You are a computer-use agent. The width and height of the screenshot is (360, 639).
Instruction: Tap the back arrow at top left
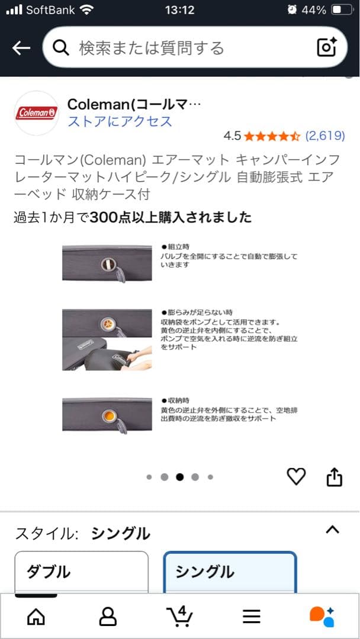pyautogui.click(x=21, y=48)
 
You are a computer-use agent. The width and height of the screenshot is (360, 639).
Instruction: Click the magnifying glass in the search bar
pyautogui.click(x=61, y=48)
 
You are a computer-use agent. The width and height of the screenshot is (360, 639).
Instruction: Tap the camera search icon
pyautogui.click(x=326, y=47)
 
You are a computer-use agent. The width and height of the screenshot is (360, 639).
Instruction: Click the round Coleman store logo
pyautogui.click(x=37, y=113)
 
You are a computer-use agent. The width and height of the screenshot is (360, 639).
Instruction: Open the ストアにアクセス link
pyautogui.click(x=120, y=121)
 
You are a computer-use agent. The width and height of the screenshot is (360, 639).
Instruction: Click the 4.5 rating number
pyautogui.click(x=232, y=135)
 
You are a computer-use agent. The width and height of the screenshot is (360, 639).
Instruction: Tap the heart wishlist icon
pyautogui.click(x=296, y=476)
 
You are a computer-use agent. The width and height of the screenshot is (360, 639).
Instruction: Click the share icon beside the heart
pyautogui.click(x=335, y=477)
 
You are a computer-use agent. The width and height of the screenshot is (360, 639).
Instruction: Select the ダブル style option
pyautogui.click(x=81, y=572)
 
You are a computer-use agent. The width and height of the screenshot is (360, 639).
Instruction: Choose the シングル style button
pyautogui.click(x=230, y=572)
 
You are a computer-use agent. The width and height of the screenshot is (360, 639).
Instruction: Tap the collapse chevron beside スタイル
pyautogui.click(x=333, y=530)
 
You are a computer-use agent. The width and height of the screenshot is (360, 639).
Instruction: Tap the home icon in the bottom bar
pyautogui.click(x=36, y=616)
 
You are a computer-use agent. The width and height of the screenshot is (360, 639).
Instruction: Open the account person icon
pyautogui.click(x=108, y=616)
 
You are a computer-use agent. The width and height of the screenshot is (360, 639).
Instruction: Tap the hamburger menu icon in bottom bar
pyautogui.click(x=252, y=616)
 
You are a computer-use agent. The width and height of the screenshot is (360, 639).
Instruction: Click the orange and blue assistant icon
pyautogui.click(x=322, y=616)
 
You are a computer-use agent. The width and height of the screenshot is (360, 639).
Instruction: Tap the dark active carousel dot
pyautogui.click(x=179, y=477)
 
